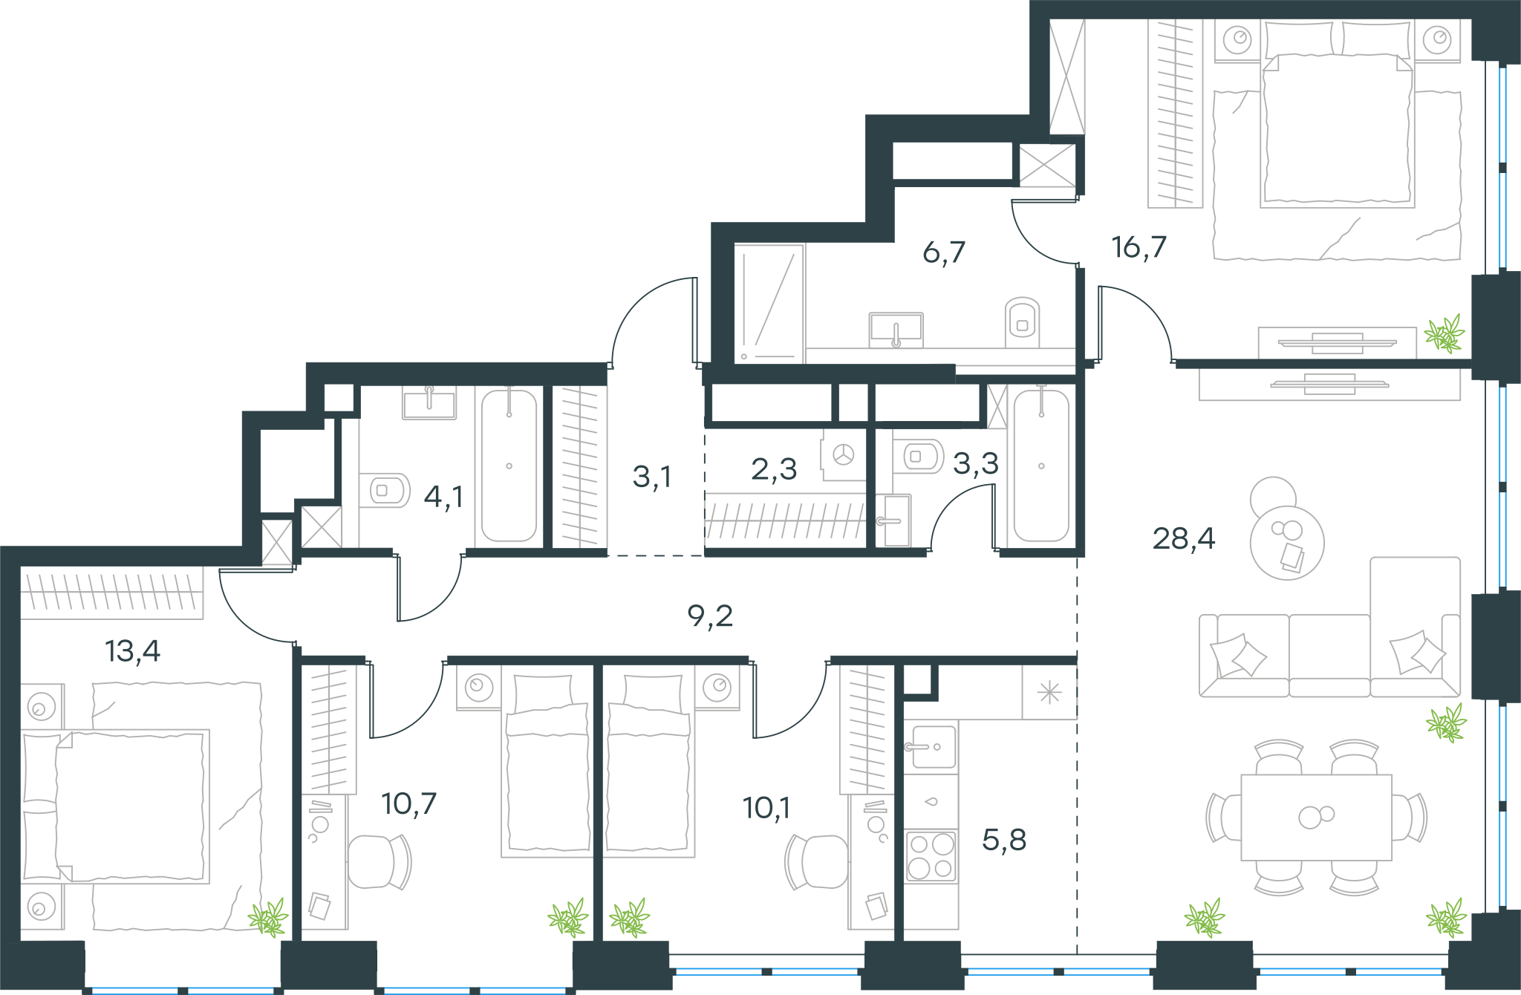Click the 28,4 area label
click(x=1183, y=538)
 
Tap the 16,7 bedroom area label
click(x=1139, y=247)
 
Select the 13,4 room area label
click(x=133, y=650)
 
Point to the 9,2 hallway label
click(x=710, y=616)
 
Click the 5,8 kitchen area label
click(x=1004, y=840)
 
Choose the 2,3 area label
click(x=774, y=469)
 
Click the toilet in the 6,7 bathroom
click(x=1022, y=322)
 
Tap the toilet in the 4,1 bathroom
click(x=385, y=490)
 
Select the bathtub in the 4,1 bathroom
click(x=509, y=466)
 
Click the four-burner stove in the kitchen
click(x=931, y=855)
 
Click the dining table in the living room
click(x=1316, y=817)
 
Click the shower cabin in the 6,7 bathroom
click(x=769, y=303)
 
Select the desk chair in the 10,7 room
click(x=379, y=861)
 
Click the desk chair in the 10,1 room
click(x=817, y=861)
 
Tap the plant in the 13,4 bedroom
click(x=268, y=918)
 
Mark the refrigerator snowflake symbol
click(x=1049, y=693)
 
